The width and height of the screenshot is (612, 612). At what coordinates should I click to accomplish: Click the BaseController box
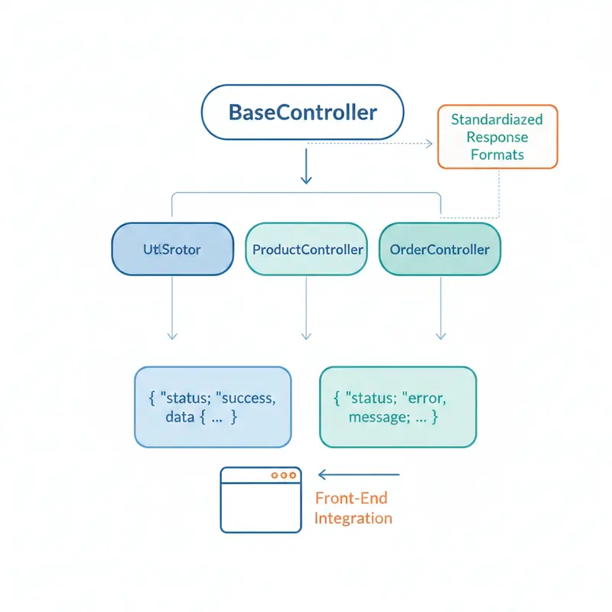[301, 113]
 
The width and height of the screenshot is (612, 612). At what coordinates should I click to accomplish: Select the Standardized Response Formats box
[497, 137]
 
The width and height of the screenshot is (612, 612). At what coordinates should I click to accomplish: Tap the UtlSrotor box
[172, 249]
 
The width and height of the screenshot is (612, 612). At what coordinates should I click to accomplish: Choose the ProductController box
[307, 249]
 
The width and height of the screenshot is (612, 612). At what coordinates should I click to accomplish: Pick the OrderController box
[440, 249]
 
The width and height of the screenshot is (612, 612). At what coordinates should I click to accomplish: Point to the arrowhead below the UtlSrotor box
[172, 335]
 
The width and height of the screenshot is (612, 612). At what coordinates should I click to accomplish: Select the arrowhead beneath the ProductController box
[307, 335]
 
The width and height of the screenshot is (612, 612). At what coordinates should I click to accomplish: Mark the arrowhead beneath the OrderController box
[441, 335]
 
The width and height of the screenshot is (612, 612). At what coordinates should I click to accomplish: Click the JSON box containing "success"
[213, 407]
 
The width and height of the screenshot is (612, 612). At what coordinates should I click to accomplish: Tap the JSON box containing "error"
[398, 407]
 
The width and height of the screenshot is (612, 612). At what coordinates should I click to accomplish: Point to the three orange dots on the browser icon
[283, 475]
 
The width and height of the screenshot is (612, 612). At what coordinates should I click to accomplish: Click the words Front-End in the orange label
[351, 499]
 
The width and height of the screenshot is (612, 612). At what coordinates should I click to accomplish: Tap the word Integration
[353, 518]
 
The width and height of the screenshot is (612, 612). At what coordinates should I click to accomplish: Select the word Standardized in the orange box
[496, 120]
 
